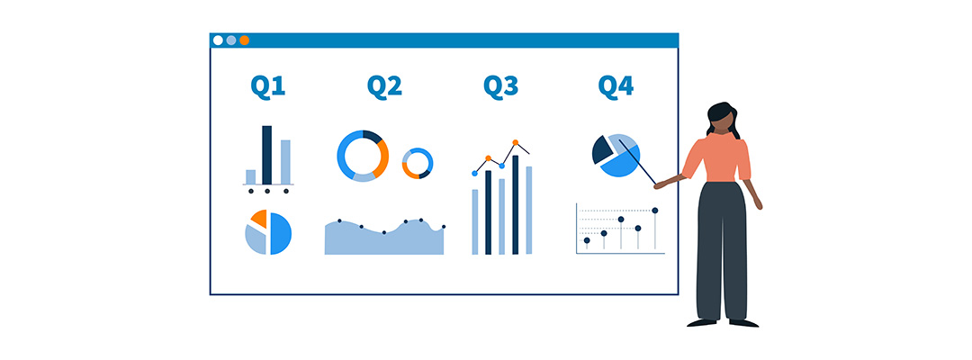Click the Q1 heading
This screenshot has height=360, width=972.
pyautogui.click(x=268, y=86)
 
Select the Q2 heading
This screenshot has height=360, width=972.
pyautogui.click(x=384, y=86)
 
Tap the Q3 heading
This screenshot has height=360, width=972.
pyautogui.click(x=501, y=86)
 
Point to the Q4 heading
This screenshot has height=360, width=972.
pyautogui.click(x=616, y=86)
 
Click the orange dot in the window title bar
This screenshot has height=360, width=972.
pyautogui.click(x=244, y=40)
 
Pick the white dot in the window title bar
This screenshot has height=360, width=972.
pyautogui.click(x=218, y=40)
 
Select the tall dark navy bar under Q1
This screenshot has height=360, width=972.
pyautogui.click(x=267, y=155)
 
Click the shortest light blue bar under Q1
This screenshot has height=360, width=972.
pyautogui.click(x=250, y=177)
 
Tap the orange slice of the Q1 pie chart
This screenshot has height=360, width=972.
pyautogui.click(x=260, y=218)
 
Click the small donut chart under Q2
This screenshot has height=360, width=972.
pyautogui.click(x=418, y=164)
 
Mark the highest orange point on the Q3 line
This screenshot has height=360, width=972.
pyautogui.click(x=515, y=142)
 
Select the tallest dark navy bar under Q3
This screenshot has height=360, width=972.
pyautogui.click(x=515, y=204)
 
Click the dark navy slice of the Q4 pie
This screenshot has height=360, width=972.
pyautogui.click(x=602, y=150)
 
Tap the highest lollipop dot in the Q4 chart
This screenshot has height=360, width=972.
pyautogui.click(x=654, y=211)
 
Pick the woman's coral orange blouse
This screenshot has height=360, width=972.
pyautogui.click(x=718, y=158)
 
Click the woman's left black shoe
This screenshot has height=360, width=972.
pyautogui.click(x=702, y=323)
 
